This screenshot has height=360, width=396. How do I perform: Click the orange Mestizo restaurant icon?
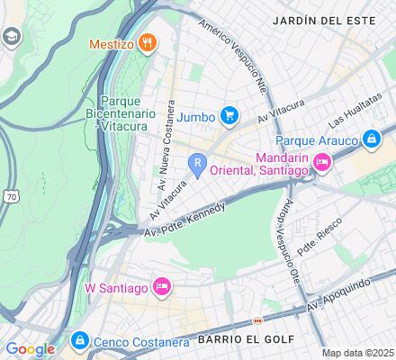[x=149, y=42]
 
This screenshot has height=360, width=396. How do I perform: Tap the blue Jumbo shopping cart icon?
[x=229, y=115]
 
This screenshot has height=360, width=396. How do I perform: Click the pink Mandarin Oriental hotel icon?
[x=321, y=161]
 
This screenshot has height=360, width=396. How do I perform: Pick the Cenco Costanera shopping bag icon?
[x=79, y=340]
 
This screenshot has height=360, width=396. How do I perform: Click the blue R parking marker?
[x=197, y=163]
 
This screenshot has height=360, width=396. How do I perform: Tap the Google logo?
[x=30, y=349]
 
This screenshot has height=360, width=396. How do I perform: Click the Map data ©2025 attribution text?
[x=358, y=352]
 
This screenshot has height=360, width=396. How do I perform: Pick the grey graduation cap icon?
[x=12, y=37]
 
